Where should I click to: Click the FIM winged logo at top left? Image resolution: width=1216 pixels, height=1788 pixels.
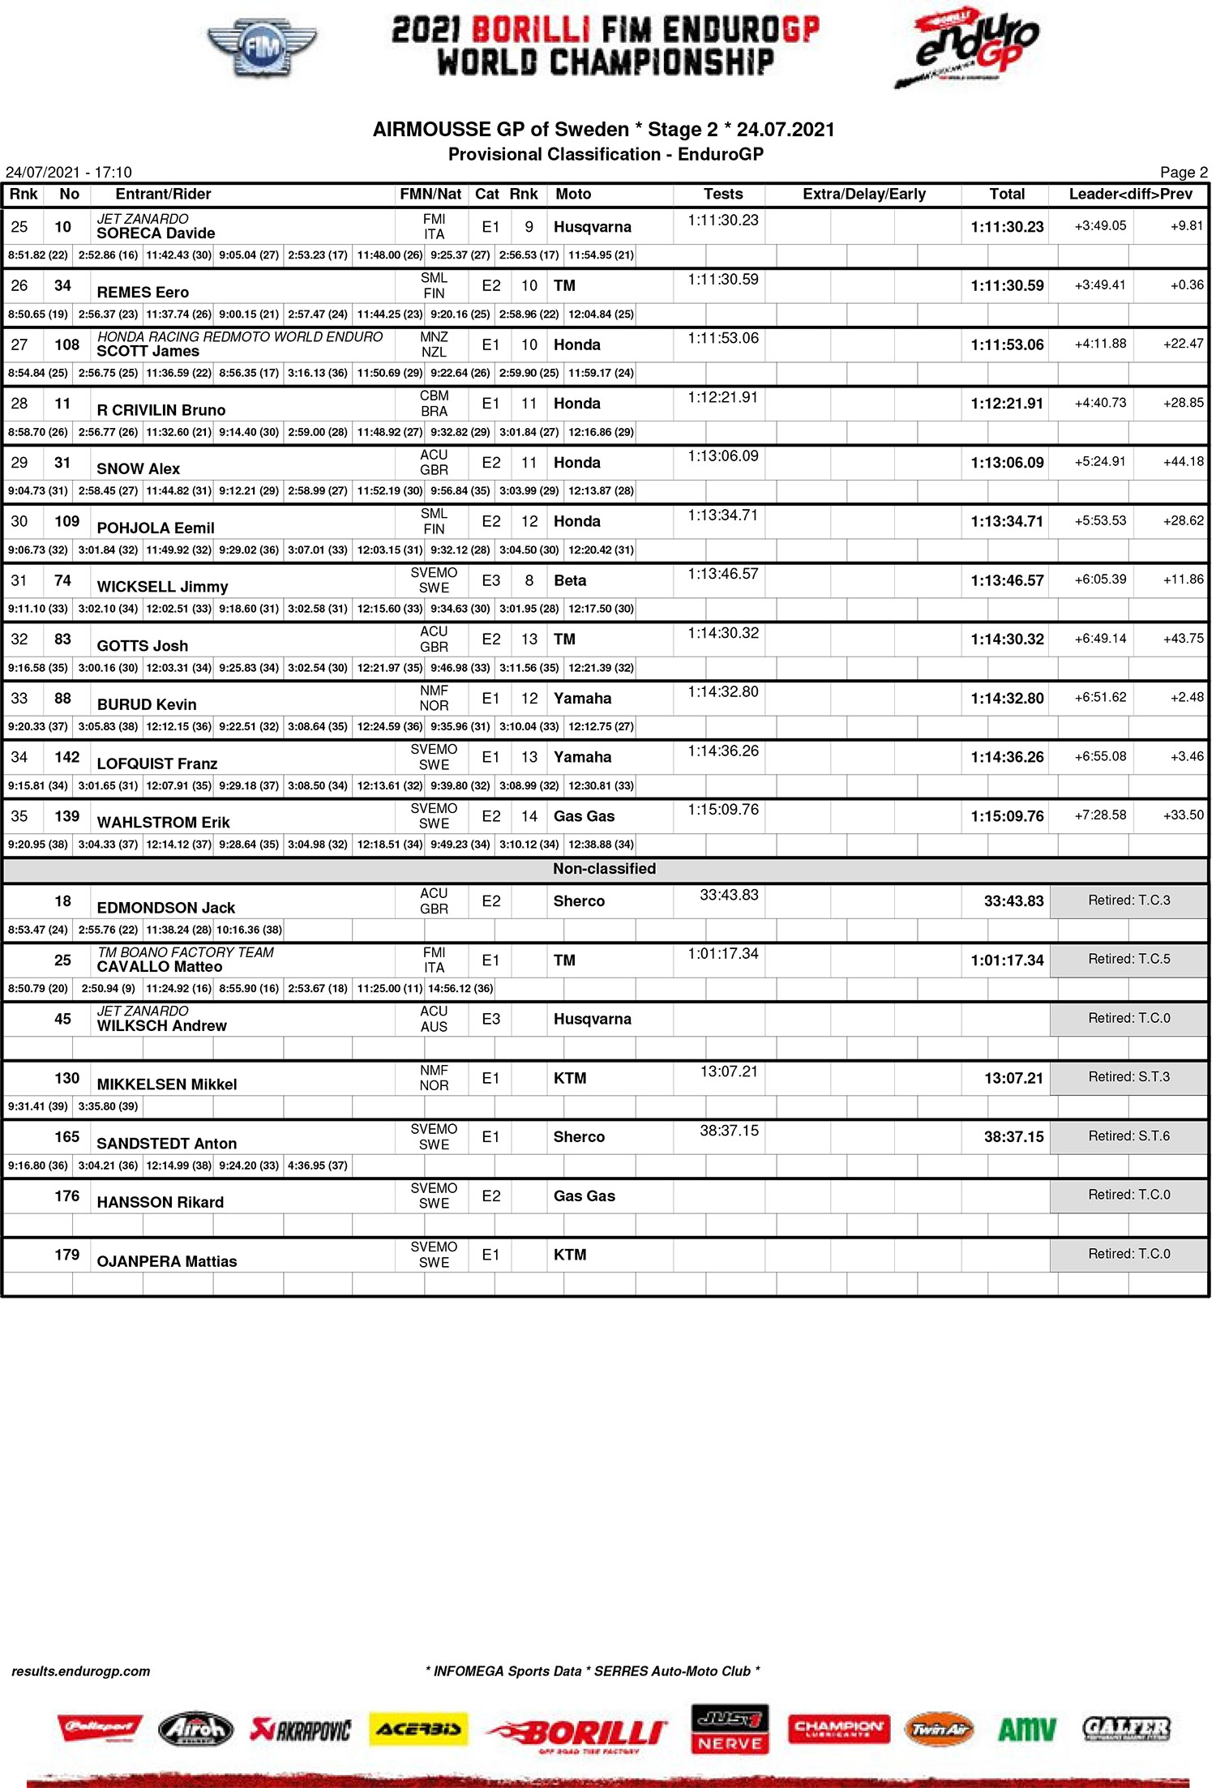coord(261,48)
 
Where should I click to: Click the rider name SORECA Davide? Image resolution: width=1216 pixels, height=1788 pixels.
coord(156,233)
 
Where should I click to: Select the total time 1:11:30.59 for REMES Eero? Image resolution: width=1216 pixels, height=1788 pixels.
coord(1007,286)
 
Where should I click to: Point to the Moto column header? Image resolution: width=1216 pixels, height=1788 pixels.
coord(573,195)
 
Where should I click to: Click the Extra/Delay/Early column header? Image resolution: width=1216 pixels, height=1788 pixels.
coord(863,195)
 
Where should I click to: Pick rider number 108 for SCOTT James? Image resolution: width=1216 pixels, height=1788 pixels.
coord(66,344)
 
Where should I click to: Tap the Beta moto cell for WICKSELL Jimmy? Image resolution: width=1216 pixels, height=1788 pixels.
coord(570,581)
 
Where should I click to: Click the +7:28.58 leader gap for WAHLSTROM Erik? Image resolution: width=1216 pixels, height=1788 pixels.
coord(1100,815)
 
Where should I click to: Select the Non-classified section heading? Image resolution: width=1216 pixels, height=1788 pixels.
coord(604,869)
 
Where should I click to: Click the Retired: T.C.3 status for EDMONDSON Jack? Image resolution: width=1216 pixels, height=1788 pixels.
coord(1128,900)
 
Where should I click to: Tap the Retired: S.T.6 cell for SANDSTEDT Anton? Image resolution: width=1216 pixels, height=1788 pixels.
coord(1128,1136)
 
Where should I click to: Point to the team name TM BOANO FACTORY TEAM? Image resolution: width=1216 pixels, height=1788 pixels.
coord(186,953)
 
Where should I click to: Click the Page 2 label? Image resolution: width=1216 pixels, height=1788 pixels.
coord(1183,173)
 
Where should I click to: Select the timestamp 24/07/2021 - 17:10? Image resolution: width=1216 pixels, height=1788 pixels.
coord(69,173)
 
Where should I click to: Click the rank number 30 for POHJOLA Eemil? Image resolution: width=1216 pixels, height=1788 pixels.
coord(19,521)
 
